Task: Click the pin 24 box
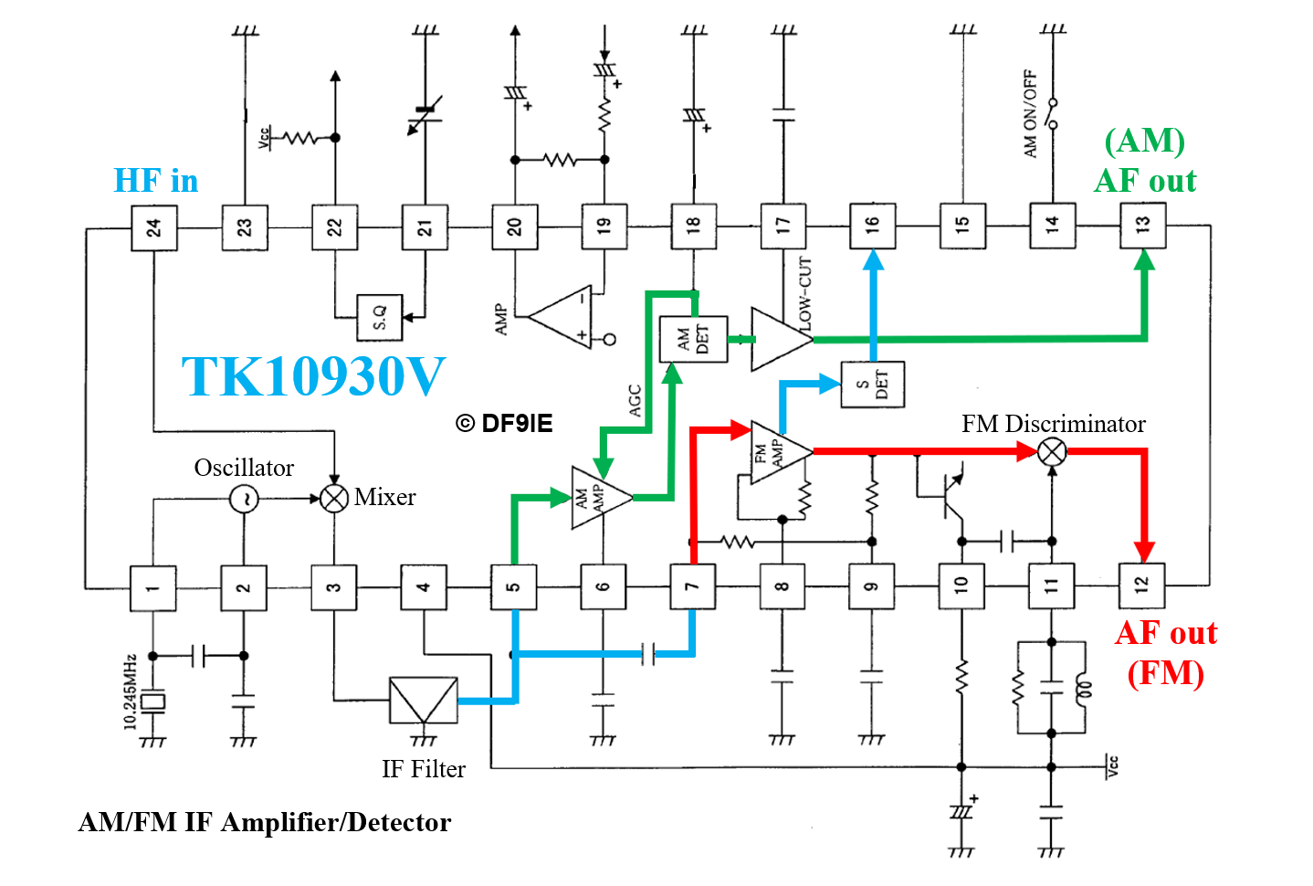click(153, 227)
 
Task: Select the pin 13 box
click(1143, 225)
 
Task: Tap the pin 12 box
click(1141, 585)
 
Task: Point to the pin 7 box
click(692, 586)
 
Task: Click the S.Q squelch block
click(379, 318)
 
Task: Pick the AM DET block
click(693, 339)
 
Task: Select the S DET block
click(872, 384)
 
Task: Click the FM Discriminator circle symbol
click(1052, 451)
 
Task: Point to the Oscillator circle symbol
click(244, 499)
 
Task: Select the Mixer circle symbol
click(334, 498)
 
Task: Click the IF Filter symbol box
click(423, 701)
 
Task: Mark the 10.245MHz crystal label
click(130, 691)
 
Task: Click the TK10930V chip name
click(313, 376)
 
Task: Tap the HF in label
click(156, 181)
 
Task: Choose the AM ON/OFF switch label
click(1031, 114)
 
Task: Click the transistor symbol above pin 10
click(950, 493)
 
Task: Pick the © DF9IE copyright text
click(504, 424)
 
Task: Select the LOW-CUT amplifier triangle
click(778, 339)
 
